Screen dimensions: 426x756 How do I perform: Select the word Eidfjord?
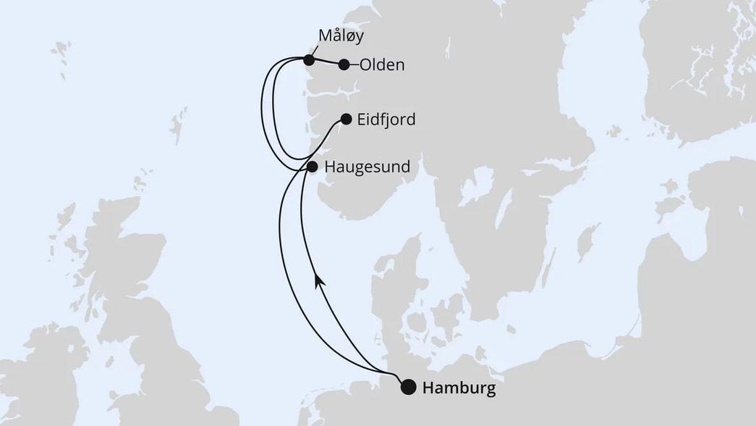pyautogui.click(x=386, y=120)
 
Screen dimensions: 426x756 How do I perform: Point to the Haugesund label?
pyautogui.click(x=368, y=167)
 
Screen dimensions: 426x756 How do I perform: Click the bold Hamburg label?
pyautogui.click(x=459, y=388)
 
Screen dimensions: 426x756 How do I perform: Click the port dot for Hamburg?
pyautogui.click(x=409, y=387)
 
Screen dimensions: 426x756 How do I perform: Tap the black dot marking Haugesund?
pyautogui.click(x=312, y=167)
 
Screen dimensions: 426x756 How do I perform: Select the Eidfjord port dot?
pyautogui.click(x=346, y=119)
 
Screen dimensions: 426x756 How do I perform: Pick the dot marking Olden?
pyautogui.click(x=344, y=64)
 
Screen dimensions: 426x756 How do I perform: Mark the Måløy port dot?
pyautogui.click(x=309, y=59)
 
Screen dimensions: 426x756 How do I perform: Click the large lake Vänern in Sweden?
pyautogui.click(x=477, y=189)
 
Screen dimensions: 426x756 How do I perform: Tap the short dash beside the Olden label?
pyautogui.click(x=354, y=64)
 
